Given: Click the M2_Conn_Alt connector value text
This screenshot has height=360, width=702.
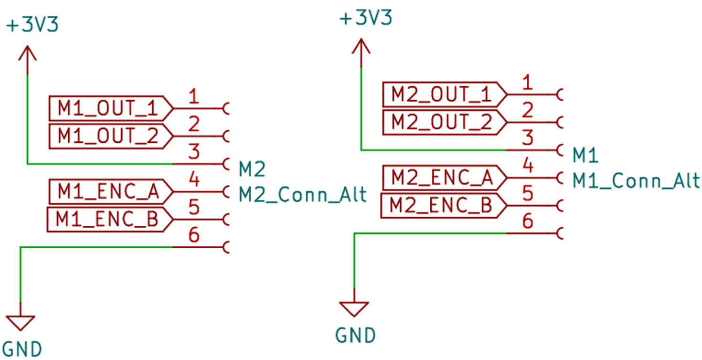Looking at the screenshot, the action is (x=302, y=195).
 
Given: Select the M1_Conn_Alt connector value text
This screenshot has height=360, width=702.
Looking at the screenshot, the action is (x=636, y=181).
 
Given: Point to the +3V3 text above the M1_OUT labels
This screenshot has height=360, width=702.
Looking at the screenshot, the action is (x=32, y=25).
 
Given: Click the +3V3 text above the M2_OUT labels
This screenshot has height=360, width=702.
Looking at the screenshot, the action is (x=366, y=17).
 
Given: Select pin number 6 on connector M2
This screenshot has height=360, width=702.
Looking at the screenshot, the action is (x=194, y=235).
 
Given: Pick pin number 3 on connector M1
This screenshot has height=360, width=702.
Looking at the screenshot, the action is (x=528, y=138).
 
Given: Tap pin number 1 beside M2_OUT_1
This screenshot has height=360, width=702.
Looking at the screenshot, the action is (x=528, y=82).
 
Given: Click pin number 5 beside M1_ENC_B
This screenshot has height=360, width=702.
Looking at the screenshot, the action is (x=194, y=207).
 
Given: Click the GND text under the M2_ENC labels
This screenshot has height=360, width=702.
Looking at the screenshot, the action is (x=355, y=336).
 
